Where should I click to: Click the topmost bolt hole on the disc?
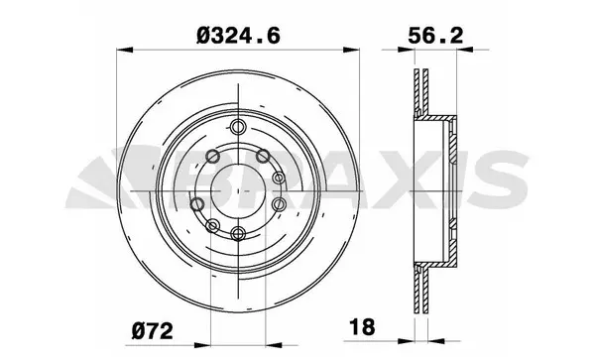click(x=238, y=126)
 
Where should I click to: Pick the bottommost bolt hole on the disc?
click(x=238, y=235)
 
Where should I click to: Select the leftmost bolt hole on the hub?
click(x=196, y=203)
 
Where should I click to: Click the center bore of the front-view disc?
click(x=238, y=180)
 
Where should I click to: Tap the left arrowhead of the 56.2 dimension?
click(x=413, y=48)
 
